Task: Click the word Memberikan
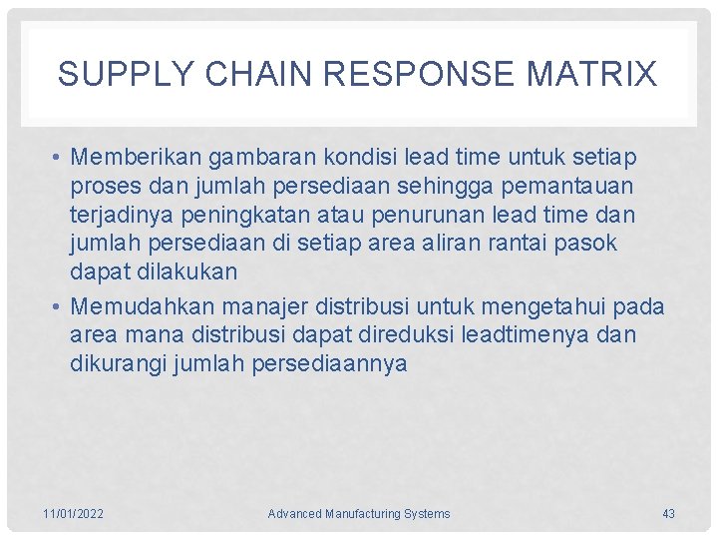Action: (134, 158)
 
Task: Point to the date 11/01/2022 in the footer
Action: (73, 514)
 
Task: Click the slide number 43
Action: (668, 514)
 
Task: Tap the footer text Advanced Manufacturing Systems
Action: (359, 514)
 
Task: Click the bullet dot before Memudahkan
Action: (60, 306)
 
